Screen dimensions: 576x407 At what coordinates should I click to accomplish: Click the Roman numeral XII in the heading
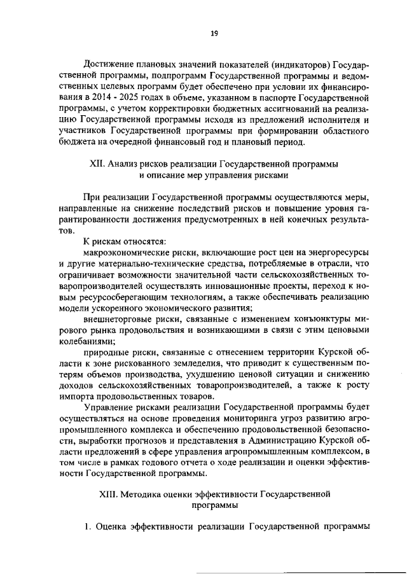tap(99, 164)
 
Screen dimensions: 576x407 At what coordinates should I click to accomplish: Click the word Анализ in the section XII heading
tap(124, 164)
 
